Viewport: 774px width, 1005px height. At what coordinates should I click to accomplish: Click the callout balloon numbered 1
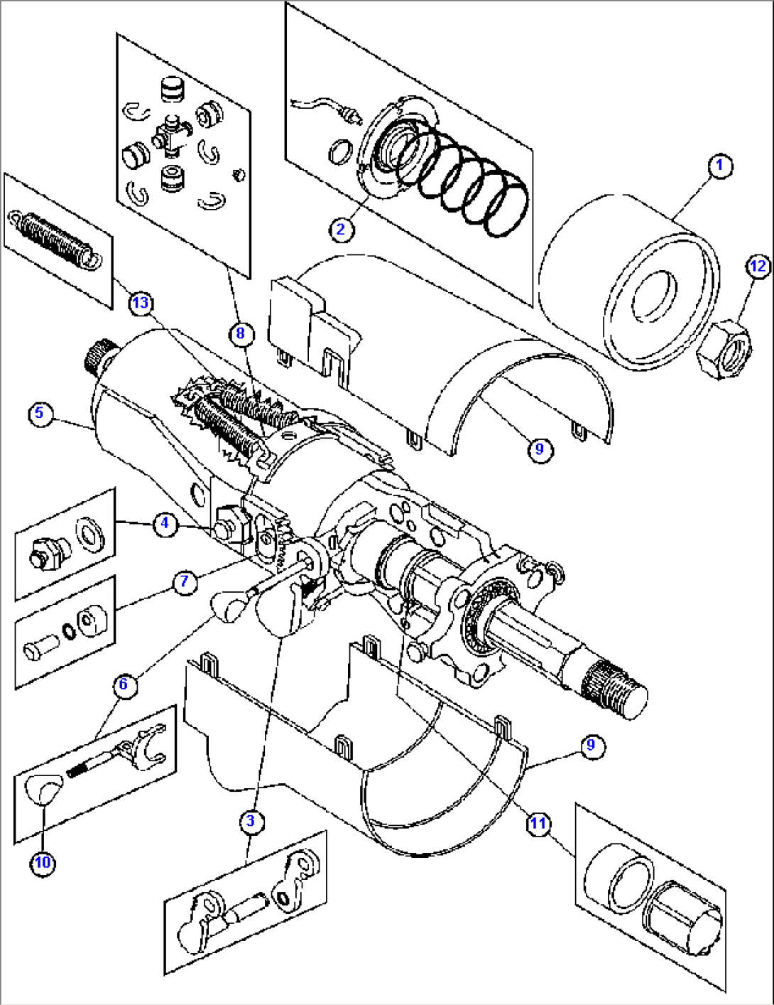click(x=719, y=167)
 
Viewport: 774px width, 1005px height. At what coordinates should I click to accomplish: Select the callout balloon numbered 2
click(x=341, y=229)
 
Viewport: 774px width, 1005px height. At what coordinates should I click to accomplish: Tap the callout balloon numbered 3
click(x=251, y=822)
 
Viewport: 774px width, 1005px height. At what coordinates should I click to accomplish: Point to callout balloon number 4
click(x=165, y=524)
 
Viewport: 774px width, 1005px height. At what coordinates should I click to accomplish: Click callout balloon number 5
click(x=40, y=413)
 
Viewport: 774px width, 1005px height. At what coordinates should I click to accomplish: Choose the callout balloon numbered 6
click(x=124, y=684)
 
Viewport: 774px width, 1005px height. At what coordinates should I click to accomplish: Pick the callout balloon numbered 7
click(x=185, y=581)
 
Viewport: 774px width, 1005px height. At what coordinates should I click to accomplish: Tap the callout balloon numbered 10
click(x=43, y=863)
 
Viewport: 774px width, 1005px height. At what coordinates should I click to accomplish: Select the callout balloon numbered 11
click(x=538, y=823)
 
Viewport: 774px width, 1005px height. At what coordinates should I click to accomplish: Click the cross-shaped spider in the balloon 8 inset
click(x=170, y=134)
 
